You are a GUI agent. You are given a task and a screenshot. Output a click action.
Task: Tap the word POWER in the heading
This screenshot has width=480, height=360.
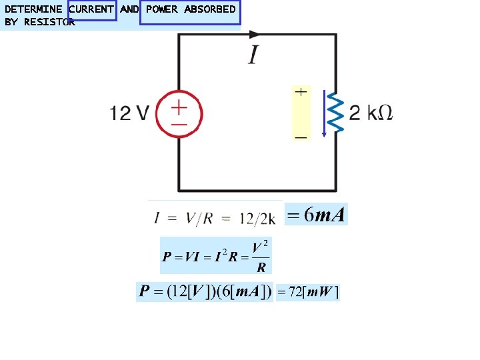coord(162,9)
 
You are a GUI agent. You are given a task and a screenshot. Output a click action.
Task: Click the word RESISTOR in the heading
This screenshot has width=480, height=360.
coord(51,22)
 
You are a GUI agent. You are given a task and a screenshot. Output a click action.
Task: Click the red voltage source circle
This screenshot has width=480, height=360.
coord(179,114)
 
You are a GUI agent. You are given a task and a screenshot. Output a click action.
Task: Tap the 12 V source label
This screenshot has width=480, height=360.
coord(129,114)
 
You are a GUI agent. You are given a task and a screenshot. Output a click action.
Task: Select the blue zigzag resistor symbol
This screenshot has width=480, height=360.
coord(336,113)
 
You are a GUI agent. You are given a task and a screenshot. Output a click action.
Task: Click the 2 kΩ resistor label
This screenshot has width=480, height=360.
coord(371,113)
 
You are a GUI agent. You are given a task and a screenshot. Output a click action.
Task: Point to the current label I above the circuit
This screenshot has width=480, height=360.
coord(254,55)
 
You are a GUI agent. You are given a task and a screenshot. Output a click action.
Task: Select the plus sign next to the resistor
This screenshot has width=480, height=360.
coord(301,92)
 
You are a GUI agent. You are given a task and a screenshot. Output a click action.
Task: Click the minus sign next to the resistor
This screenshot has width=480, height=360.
coord(301,137)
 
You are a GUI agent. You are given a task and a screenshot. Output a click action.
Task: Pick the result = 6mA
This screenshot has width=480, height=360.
coord(316,215)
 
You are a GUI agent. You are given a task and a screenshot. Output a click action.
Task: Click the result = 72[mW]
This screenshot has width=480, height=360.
coord(307,292)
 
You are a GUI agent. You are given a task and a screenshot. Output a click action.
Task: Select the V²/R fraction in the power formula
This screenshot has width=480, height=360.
coord(261,257)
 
